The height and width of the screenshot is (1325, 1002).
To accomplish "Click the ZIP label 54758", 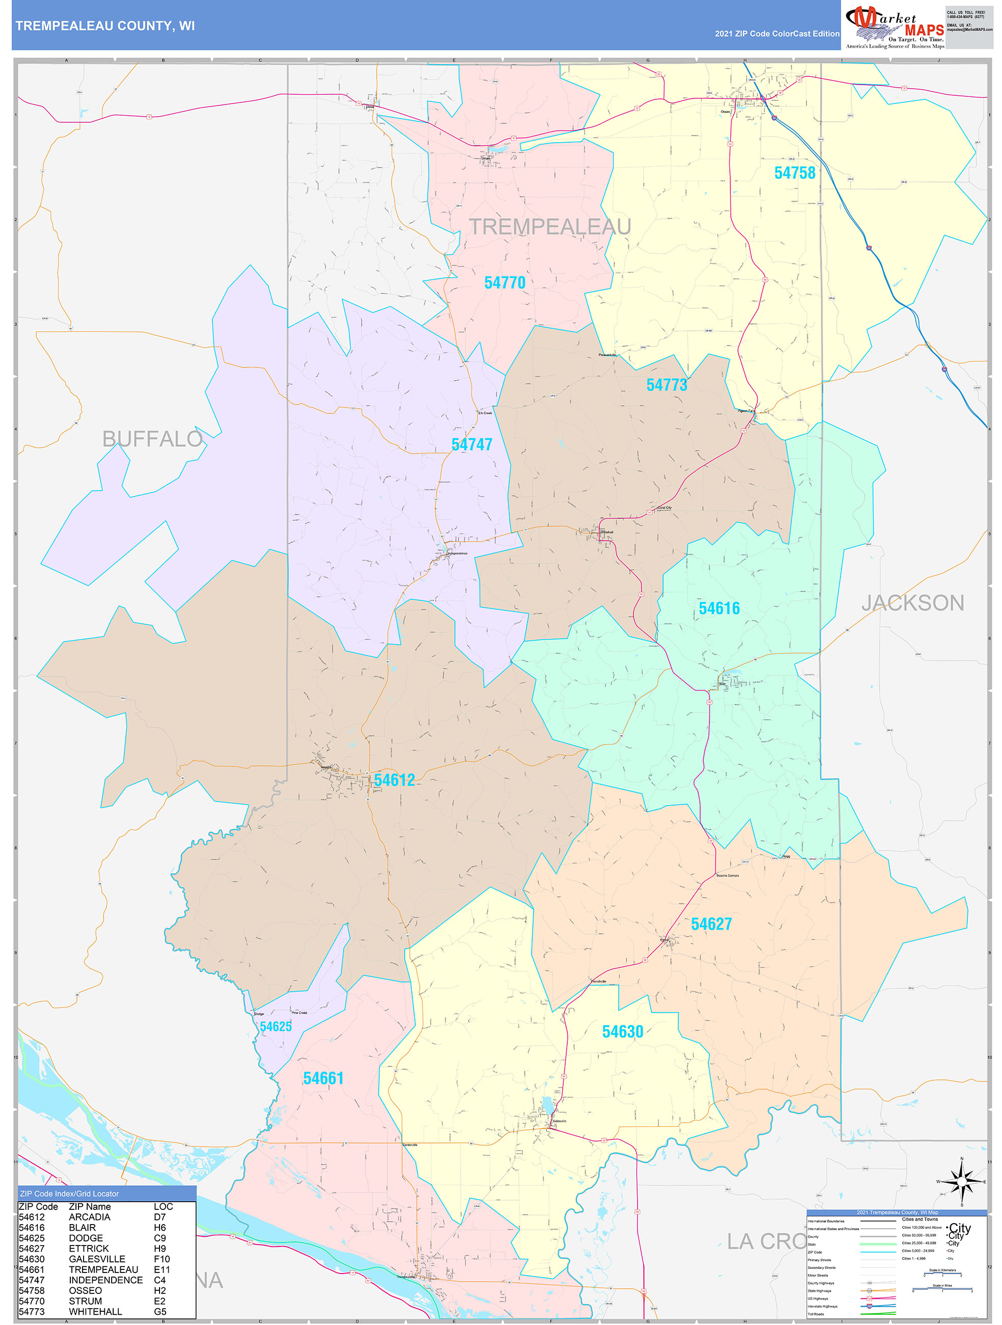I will click(x=794, y=173).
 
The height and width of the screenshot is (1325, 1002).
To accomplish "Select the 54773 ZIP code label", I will click(x=666, y=385).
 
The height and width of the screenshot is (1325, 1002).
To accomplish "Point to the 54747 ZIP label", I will click(x=471, y=444).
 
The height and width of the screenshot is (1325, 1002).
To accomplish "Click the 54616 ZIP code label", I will click(x=719, y=608).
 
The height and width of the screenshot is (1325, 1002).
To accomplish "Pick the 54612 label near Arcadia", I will click(x=394, y=780).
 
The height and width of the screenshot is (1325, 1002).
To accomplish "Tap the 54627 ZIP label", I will click(x=711, y=924).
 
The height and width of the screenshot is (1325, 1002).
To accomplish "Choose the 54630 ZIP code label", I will click(x=622, y=1032).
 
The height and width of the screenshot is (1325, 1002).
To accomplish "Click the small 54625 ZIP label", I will click(x=276, y=1027).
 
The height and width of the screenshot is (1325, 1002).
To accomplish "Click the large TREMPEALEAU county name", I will click(x=549, y=227).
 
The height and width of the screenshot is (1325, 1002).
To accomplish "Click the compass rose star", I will click(x=962, y=1181).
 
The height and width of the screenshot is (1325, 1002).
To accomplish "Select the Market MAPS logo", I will click(x=894, y=26).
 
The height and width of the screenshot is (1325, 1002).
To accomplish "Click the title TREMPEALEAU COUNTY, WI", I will click(x=105, y=26).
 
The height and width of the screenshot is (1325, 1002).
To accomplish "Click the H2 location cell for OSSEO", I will click(x=160, y=1290).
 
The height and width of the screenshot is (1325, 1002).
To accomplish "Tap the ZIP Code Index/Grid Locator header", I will click(x=69, y=1194).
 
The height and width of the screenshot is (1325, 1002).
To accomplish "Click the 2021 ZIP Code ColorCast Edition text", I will click(x=776, y=34).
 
